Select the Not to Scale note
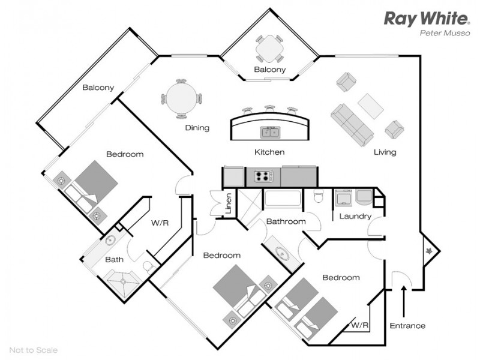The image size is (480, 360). [x=34, y=350]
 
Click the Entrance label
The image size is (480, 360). [x=407, y=326]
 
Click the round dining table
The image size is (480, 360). [x=181, y=99]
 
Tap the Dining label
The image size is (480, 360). [x=197, y=127]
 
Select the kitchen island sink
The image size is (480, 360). [x=269, y=131]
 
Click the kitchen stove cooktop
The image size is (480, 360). [x=264, y=176]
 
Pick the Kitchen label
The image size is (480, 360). [x=269, y=152]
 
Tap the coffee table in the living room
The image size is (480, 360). [x=371, y=106]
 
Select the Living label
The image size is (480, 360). [x=385, y=152]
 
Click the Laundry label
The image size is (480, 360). [x=355, y=216]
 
